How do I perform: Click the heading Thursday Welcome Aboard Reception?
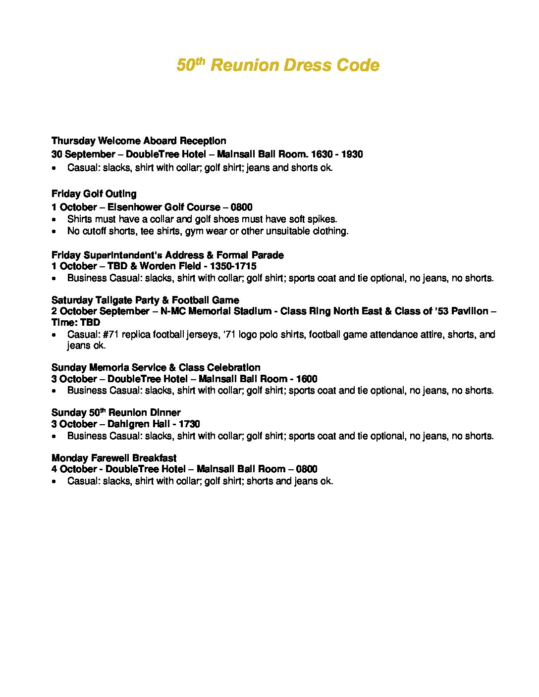coord(139,141)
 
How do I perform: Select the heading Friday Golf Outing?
coord(94,194)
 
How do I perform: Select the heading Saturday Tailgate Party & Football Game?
coord(145,300)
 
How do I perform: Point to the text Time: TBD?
coord(76,323)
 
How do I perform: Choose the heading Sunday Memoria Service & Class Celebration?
coord(156,368)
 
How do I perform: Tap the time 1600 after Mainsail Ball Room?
coord(307,379)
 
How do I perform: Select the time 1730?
coord(189,424)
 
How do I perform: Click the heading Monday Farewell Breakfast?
coord(114,458)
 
